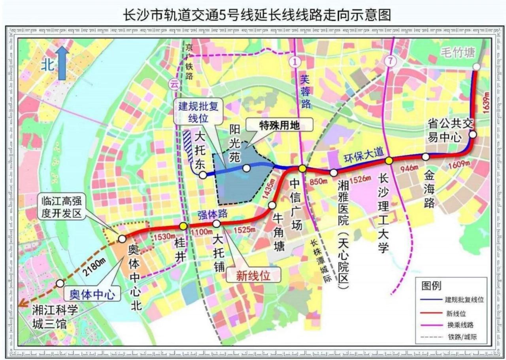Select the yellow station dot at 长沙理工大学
(389, 160)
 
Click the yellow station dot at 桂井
(183, 226)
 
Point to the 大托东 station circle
(203, 175)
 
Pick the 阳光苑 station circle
(246, 169)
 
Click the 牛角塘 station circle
(272, 205)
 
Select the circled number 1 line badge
(295, 61)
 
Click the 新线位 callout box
(253, 276)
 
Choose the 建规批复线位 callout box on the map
(201, 112)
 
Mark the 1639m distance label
(486, 102)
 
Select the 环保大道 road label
(359, 157)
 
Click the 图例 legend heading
(432, 285)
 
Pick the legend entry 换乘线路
(459, 325)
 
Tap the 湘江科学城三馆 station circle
(60, 283)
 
